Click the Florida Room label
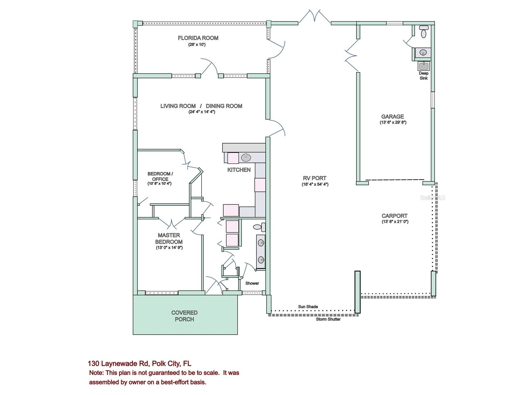198,38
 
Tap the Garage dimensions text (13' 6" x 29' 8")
393,123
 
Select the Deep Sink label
423,76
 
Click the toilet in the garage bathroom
424,32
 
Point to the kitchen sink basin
246,158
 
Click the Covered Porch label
184,316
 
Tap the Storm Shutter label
328,319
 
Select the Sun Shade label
308,307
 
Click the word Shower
252,283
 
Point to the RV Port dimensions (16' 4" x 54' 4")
315,184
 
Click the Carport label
394,216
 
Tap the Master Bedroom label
169,238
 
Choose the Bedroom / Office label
160,176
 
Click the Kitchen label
239,170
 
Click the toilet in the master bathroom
259,227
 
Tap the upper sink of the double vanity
261,243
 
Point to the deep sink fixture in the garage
423,66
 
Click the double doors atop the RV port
315,17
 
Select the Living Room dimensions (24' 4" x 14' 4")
201,112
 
